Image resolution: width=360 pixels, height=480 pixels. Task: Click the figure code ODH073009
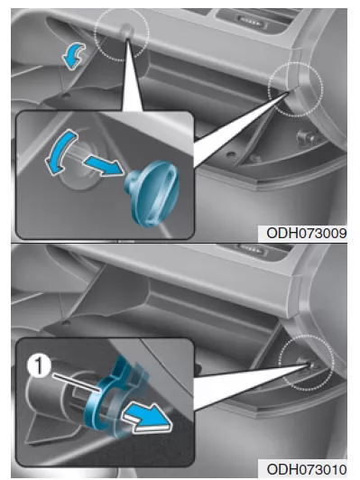[307, 234]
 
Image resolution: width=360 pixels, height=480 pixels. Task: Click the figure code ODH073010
[307, 469]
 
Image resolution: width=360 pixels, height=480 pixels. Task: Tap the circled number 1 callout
[39, 366]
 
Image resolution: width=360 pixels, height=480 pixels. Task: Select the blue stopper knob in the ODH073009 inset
[152, 192]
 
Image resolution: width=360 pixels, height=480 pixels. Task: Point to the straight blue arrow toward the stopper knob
[105, 166]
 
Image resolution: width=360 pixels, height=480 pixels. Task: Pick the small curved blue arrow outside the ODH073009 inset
[73, 55]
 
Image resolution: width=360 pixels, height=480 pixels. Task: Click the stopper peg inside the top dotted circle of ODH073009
[126, 29]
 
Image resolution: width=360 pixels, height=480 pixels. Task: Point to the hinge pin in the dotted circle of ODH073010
[309, 364]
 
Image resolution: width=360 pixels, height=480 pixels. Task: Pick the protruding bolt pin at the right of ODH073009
[306, 137]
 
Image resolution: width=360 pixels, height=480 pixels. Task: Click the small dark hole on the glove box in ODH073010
[65, 322]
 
